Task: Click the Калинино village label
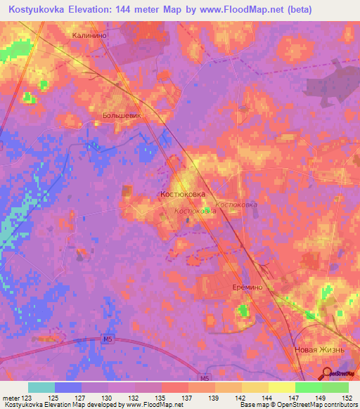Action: pyautogui.click(x=89, y=34)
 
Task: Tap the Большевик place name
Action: pyautogui.click(x=122, y=114)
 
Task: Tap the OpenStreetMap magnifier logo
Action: pyautogui.click(x=327, y=372)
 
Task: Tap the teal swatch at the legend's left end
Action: pyautogui.click(x=41, y=387)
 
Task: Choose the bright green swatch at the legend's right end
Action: pyautogui.click(x=335, y=387)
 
